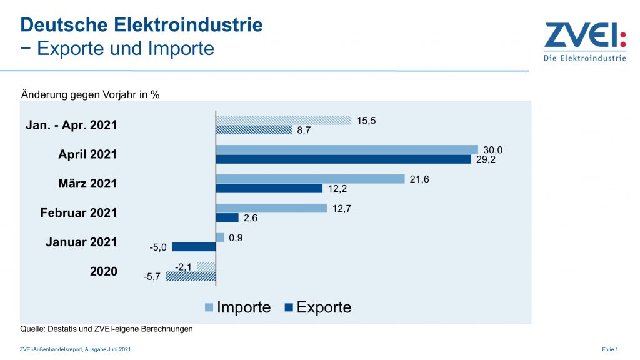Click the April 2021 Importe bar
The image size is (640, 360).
point(347,149)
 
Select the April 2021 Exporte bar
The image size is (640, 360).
point(343,159)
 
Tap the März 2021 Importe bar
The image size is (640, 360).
point(310,179)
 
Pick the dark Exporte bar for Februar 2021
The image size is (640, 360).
point(227,217)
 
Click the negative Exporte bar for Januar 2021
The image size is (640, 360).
point(194,247)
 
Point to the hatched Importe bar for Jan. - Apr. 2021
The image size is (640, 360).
point(284,120)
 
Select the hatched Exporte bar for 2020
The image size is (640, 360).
point(191,276)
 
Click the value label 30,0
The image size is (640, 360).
point(492,150)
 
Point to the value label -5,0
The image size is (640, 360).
point(159,247)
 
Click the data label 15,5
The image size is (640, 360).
point(366,120)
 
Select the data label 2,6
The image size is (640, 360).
point(249,218)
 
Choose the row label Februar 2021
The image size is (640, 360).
point(79,212)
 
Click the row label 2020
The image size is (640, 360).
point(103,271)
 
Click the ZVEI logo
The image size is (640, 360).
point(584,42)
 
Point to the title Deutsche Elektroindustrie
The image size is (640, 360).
point(141,25)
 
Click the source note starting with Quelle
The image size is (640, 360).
point(106,329)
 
